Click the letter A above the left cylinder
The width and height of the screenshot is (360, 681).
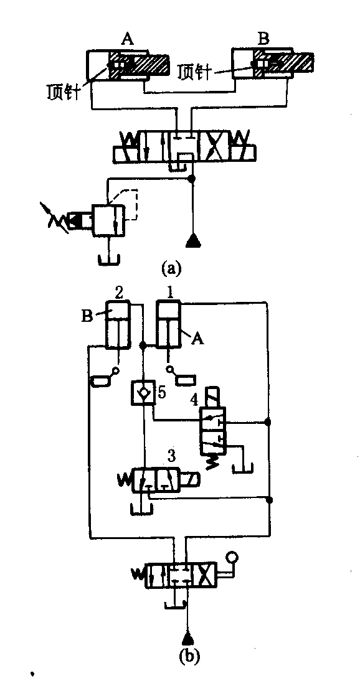(127, 40)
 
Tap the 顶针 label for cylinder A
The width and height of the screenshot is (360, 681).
(64, 91)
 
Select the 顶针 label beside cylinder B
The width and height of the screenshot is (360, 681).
(194, 73)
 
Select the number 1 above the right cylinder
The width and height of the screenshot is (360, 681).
(171, 293)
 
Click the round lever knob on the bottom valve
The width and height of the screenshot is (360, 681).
(231, 558)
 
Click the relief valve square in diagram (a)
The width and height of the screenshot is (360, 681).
(109, 220)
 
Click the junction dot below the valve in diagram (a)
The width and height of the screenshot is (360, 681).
(193, 178)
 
